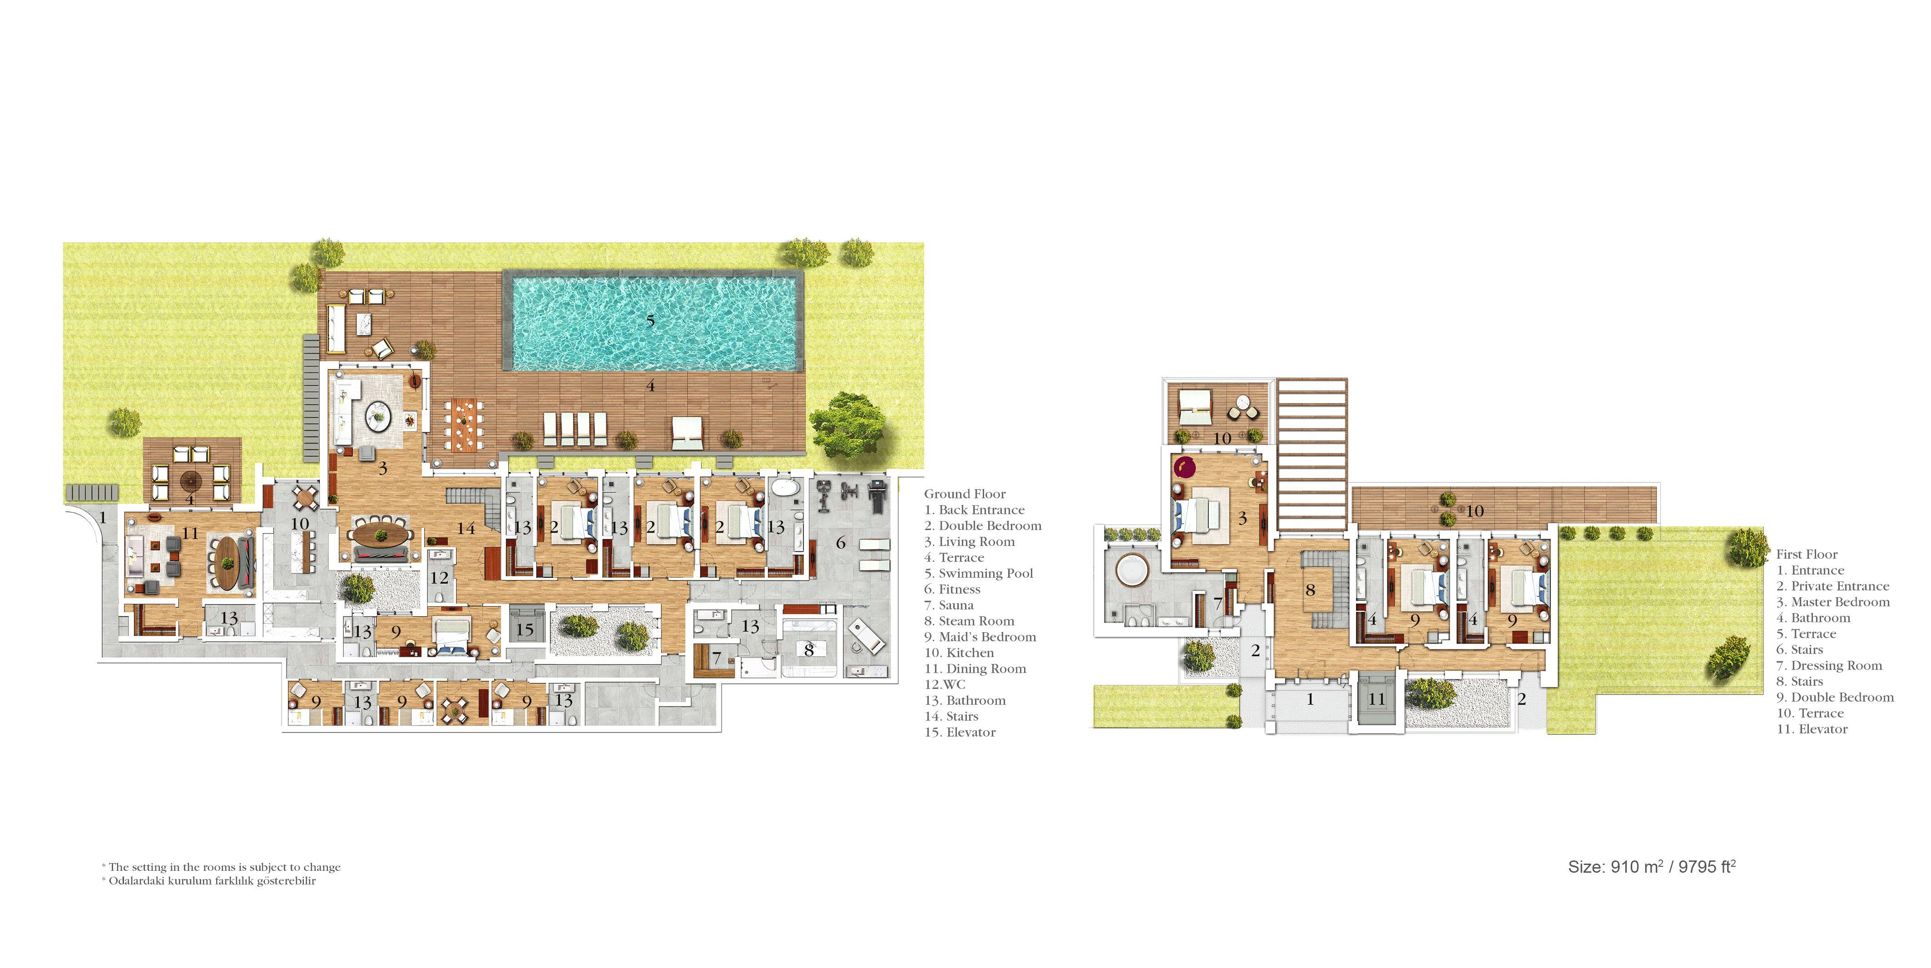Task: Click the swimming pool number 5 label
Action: tap(651, 321)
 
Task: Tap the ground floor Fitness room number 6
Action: tap(841, 542)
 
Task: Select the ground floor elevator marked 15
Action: tap(525, 630)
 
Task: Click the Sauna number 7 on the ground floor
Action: tap(717, 658)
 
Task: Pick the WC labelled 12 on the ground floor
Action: tap(439, 578)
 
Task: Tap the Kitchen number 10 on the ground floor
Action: tap(300, 524)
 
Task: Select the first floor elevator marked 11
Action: tap(1376, 699)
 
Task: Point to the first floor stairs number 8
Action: tap(1310, 590)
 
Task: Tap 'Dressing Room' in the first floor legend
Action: tap(1829, 665)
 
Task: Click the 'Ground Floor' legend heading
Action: tap(965, 494)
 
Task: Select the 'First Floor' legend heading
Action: tap(1807, 555)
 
